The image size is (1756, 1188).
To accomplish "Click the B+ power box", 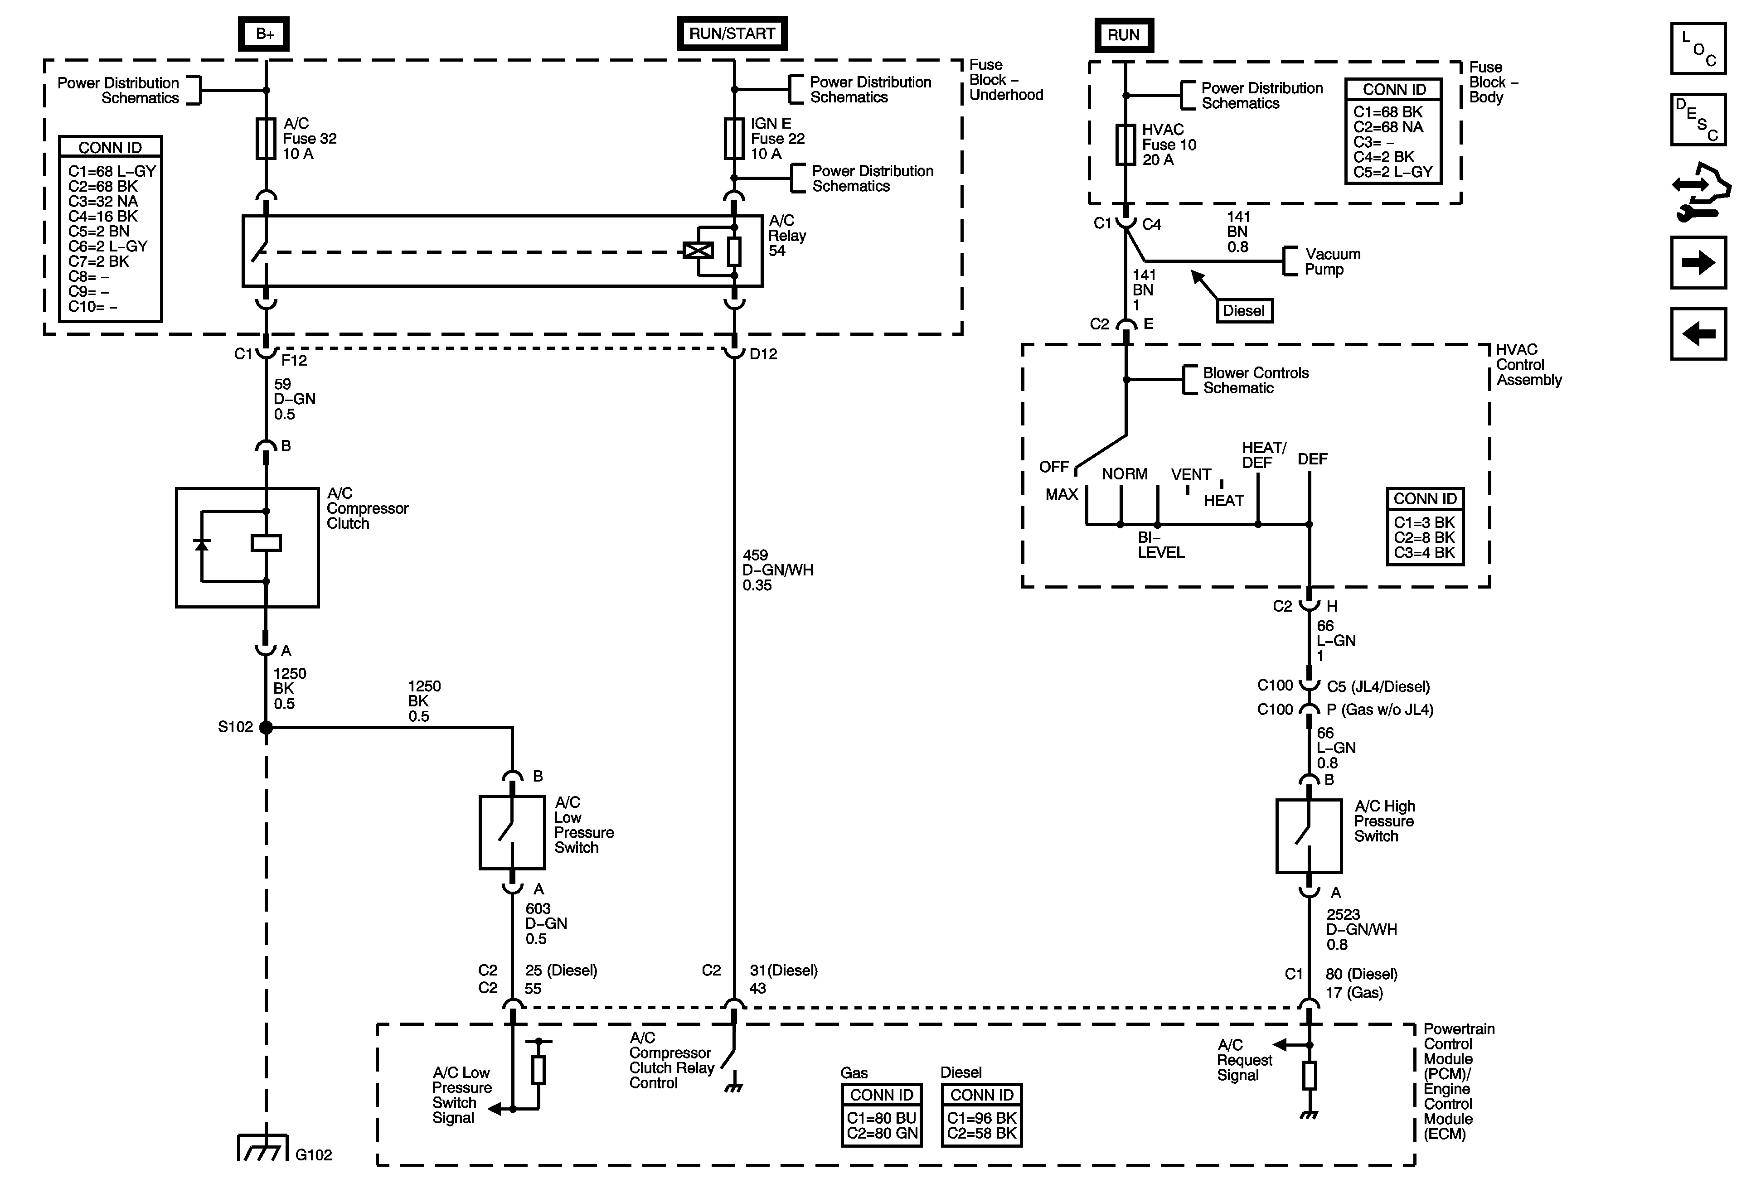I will point(264,34).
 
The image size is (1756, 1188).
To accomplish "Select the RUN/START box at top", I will point(732,34).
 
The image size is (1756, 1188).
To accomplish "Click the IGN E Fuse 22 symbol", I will point(734,138).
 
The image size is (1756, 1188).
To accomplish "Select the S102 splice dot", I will point(266,727).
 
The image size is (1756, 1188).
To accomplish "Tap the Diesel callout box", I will point(1244,310).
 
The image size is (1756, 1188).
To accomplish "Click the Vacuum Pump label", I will point(1332,261).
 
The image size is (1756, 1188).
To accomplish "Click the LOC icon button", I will point(1698,49).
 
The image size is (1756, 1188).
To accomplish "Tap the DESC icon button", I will point(1698,119).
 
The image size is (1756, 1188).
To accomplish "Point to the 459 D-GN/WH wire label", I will point(777,570).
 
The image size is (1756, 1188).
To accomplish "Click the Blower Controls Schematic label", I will point(1255,380).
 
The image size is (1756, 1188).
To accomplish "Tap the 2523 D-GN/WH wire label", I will point(1361,929).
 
